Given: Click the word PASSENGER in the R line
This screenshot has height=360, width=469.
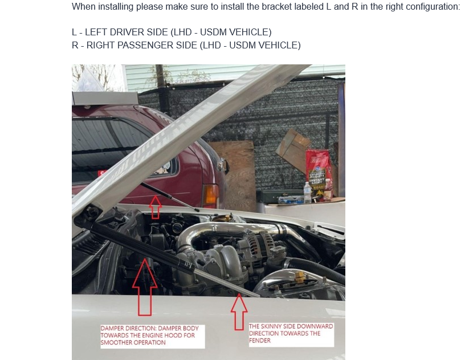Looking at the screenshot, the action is pyautogui.click(x=145, y=45).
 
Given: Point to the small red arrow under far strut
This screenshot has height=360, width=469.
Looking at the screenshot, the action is pyautogui.click(x=155, y=207).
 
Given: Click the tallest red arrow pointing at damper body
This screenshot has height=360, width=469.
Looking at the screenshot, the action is pyautogui.click(x=145, y=287).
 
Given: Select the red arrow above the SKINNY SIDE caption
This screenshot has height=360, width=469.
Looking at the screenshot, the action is pyautogui.click(x=239, y=312).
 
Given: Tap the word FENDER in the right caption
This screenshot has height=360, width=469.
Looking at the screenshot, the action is pyautogui.click(x=260, y=341).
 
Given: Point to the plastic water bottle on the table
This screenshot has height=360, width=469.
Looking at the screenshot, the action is pyautogui.click(x=307, y=193).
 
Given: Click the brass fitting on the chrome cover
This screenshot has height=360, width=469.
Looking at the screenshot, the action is pyautogui.click(x=300, y=277).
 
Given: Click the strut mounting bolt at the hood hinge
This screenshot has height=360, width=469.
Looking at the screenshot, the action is pyautogui.click(x=91, y=212).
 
